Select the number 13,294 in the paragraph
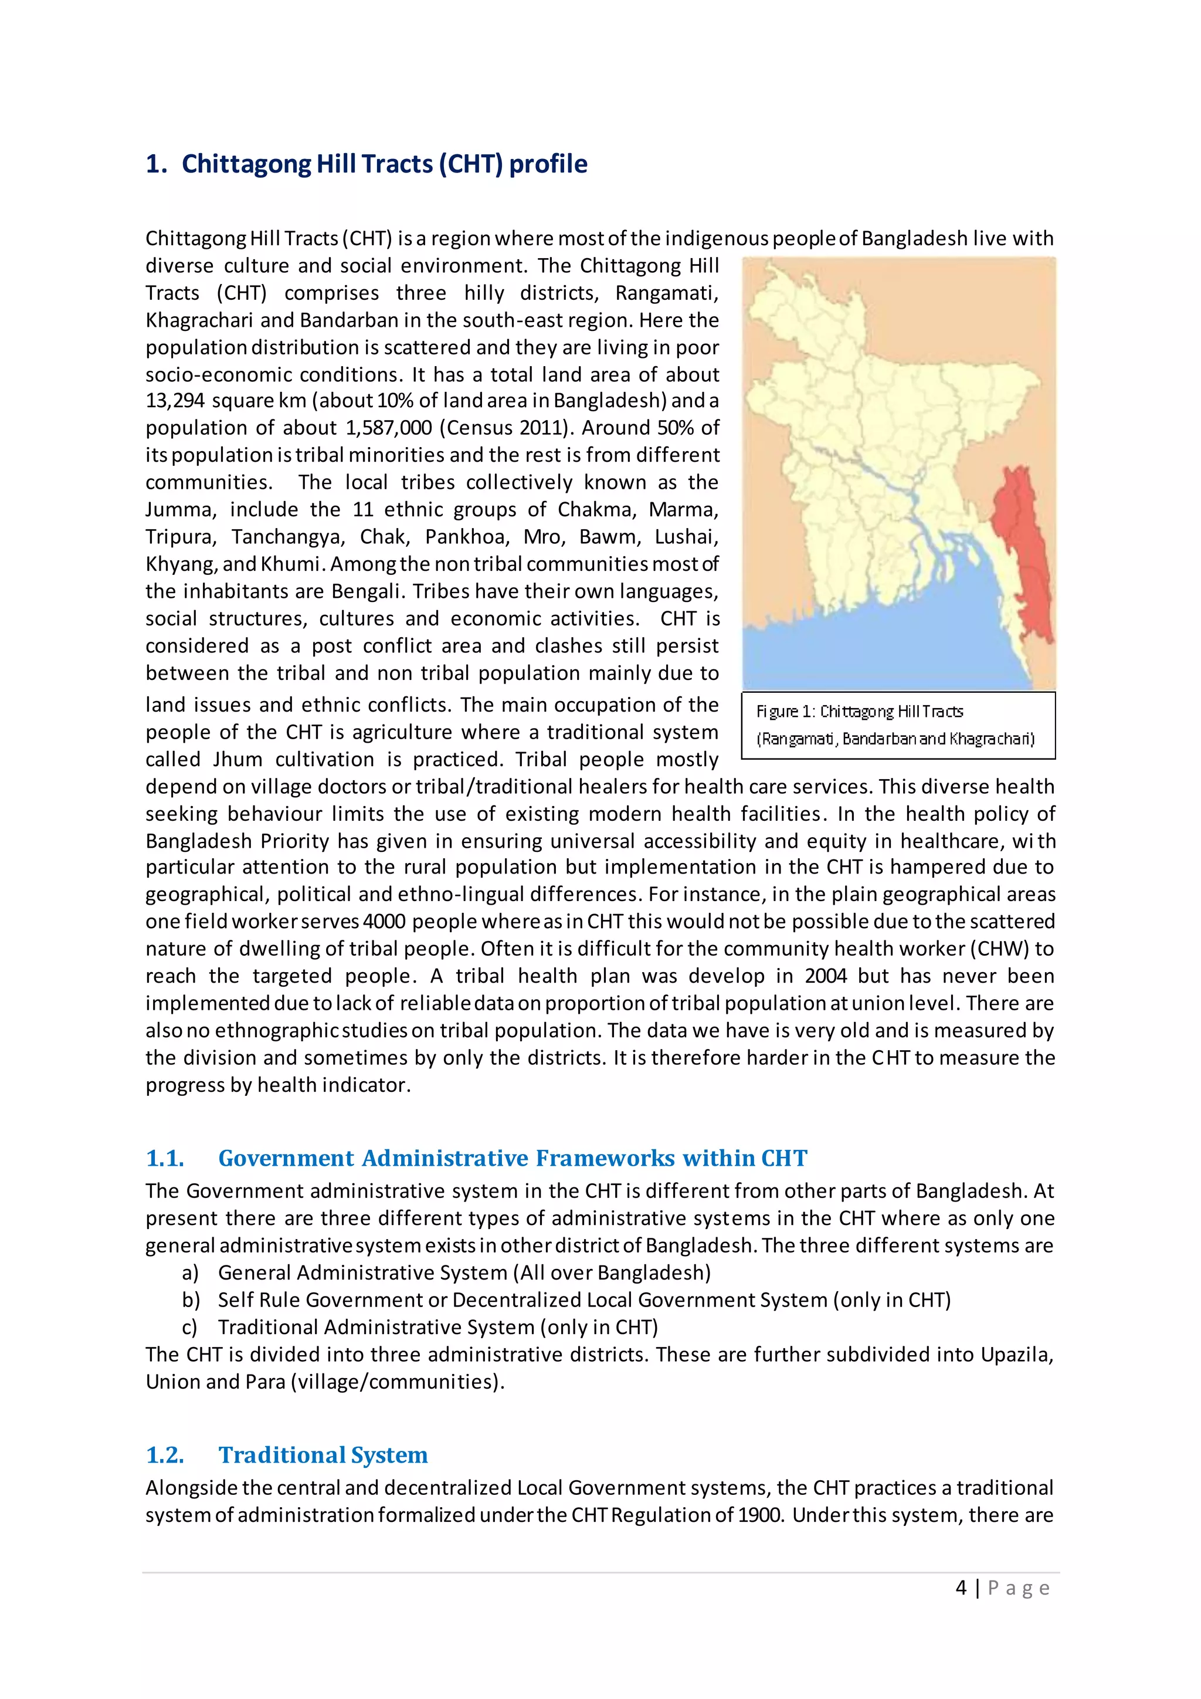175,401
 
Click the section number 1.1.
165,1158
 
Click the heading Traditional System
323,1455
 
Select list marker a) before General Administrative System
190,1272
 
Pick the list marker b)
191,1300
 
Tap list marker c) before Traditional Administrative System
190,1328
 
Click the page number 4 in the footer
961,1588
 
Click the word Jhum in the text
238,760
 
